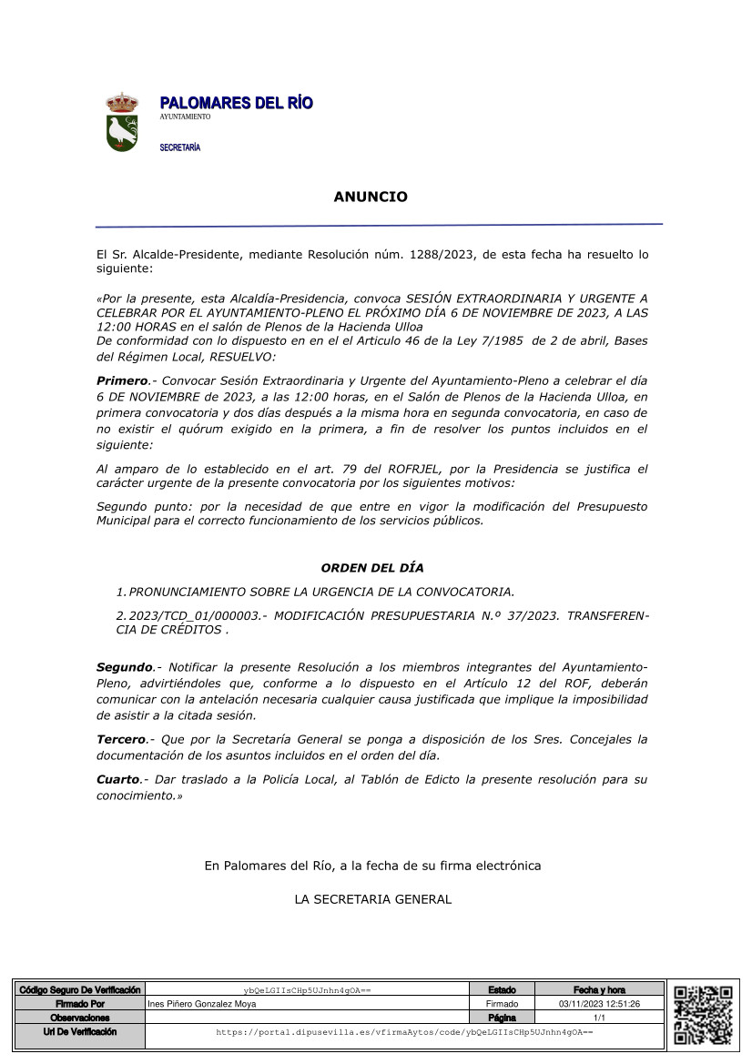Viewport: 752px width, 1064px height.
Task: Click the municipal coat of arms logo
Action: pyautogui.click(x=121, y=121)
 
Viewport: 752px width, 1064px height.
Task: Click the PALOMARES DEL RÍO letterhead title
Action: pyautogui.click(x=236, y=104)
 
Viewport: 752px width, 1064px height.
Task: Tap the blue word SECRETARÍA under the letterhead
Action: pyautogui.click(x=180, y=147)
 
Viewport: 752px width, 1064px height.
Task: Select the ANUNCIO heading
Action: pyautogui.click(x=371, y=197)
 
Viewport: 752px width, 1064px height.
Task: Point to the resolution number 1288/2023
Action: pyautogui.click(x=442, y=255)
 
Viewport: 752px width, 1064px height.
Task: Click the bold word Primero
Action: pyautogui.click(x=122, y=380)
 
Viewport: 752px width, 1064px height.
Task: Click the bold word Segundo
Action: pyautogui.click(x=125, y=667)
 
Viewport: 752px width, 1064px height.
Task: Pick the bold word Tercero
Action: pyautogui.click(x=121, y=739)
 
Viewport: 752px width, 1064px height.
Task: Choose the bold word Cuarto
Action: pyautogui.click(x=119, y=779)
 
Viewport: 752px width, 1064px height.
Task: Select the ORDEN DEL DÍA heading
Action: pyautogui.click(x=371, y=568)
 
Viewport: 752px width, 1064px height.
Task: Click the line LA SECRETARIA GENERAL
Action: pyautogui.click(x=372, y=899)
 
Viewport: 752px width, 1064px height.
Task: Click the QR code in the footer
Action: pyautogui.click(x=703, y=1013)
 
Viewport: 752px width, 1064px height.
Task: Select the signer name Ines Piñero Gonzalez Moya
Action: pyautogui.click(x=202, y=1004)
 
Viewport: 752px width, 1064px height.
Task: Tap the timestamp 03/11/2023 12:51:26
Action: pyautogui.click(x=599, y=1004)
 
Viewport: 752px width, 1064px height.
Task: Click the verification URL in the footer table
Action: pyautogui.click(x=404, y=1033)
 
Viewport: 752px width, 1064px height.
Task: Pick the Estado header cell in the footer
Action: pyautogui.click(x=501, y=989)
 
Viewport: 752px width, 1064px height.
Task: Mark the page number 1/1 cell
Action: pyautogui.click(x=599, y=1018)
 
